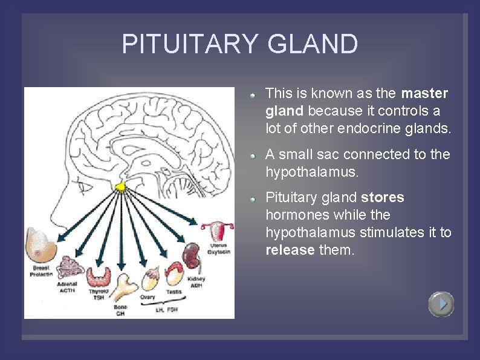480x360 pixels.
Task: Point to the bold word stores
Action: pos(383,197)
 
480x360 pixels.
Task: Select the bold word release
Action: pos(290,250)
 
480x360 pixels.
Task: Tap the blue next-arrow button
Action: pos(441,304)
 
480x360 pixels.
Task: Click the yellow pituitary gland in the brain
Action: pos(121,187)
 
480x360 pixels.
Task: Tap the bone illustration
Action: pos(124,287)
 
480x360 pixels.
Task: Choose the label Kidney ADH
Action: pos(196,282)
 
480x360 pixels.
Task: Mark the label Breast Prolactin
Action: pos(41,271)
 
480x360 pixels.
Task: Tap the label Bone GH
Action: pos(120,310)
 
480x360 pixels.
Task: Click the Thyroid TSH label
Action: pos(98,295)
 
